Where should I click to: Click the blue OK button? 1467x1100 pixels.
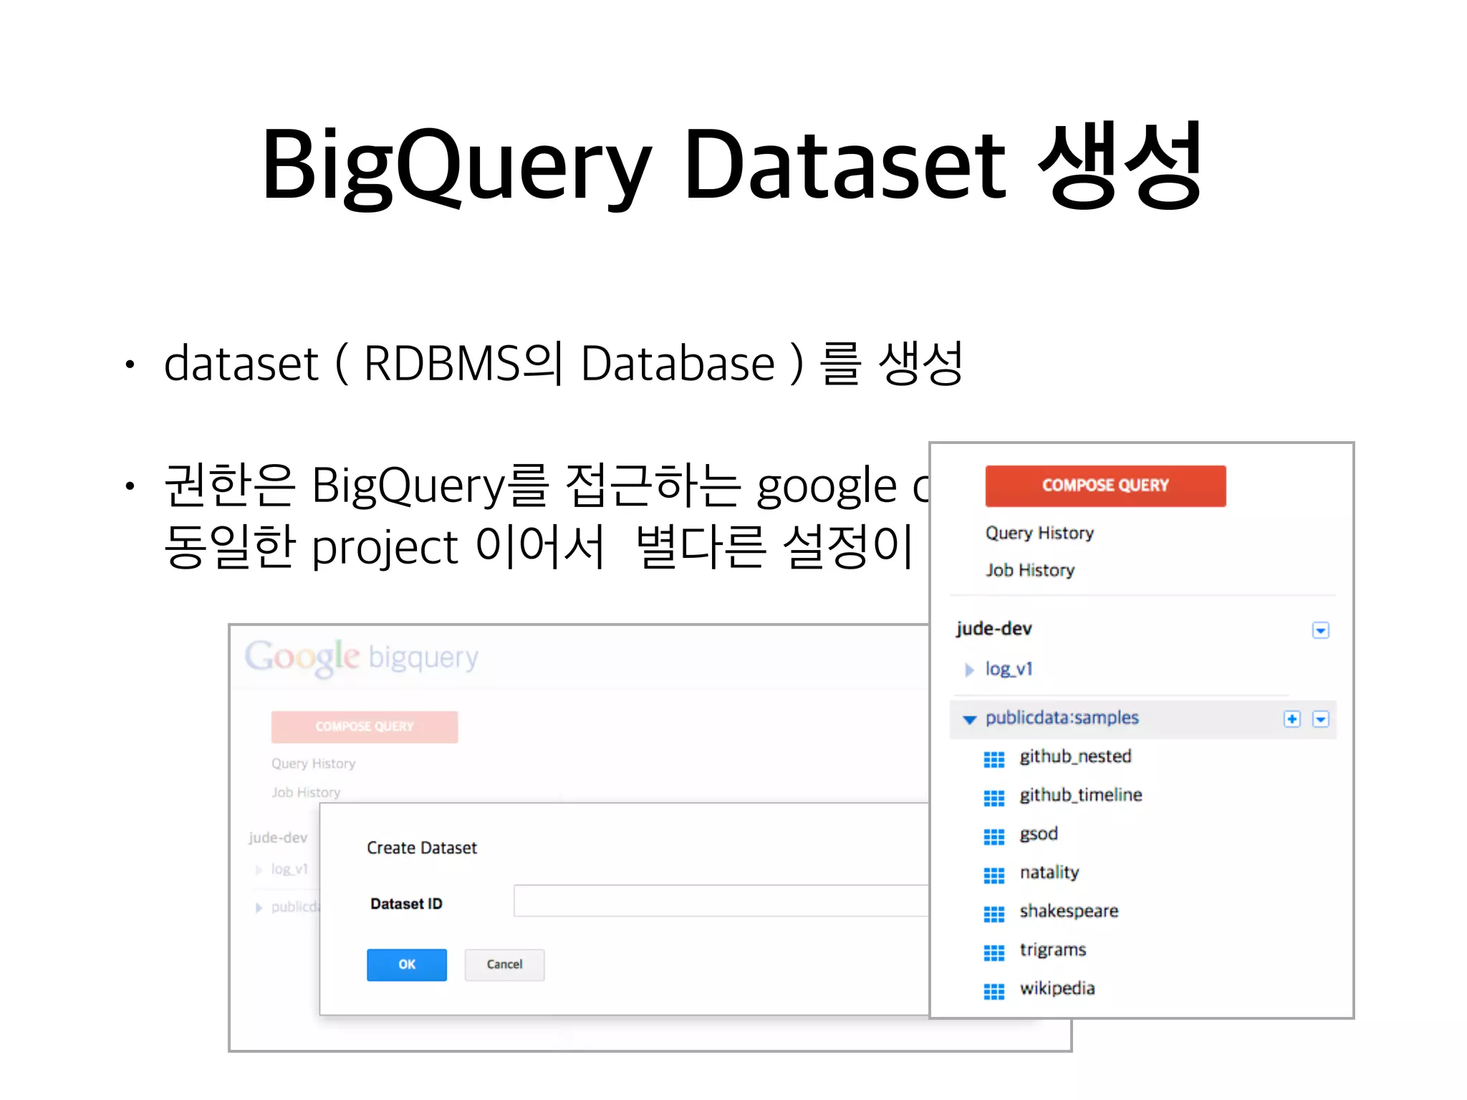coord(406,964)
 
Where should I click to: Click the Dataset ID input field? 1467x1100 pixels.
coord(720,901)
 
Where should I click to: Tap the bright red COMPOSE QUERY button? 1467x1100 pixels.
coord(1105,486)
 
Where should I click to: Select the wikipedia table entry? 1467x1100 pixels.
coord(1057,988)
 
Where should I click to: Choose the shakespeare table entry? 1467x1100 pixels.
coord(1068,911)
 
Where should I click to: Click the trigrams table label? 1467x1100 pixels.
coord(1052,950)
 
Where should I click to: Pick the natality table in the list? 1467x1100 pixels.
coord(1049,872)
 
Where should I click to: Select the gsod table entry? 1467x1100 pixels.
coord(1038,834)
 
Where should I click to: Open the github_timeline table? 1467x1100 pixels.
coord(1080,795)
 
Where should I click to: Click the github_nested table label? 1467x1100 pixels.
coord(1074,756)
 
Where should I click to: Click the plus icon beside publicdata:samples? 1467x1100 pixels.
coord(1292,719)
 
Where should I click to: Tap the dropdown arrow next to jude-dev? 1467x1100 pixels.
coord(1320,630)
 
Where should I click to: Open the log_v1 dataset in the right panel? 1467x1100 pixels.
coord(1009,669)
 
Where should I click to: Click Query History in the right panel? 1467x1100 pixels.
coord(1039,533)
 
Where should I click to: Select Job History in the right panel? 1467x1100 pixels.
coord(1029,570)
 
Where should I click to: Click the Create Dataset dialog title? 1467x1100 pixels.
coord(421,848)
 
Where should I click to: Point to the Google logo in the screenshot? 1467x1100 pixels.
coord(302,657)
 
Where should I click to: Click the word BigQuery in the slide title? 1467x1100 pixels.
coord(456,165)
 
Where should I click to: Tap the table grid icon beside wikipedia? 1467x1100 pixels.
coord(994,991)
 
